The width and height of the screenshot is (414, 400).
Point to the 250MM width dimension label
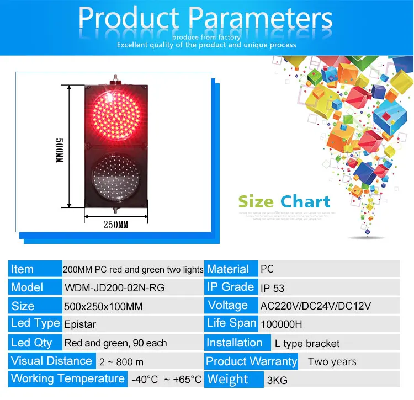[116, 225]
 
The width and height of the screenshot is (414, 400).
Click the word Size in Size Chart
[256, 201]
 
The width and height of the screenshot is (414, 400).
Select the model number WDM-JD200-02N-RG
[114, 287]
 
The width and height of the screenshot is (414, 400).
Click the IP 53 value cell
[273, 287]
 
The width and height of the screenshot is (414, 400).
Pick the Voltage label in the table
[227, 305]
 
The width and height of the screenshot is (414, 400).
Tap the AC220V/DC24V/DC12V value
[315, 306]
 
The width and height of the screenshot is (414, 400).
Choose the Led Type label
[35, 323]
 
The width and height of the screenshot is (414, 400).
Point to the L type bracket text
[307, 343]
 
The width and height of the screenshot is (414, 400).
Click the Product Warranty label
[251, 361]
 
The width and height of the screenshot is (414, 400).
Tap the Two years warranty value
[332, 362]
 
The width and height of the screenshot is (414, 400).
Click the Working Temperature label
[67, 379]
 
